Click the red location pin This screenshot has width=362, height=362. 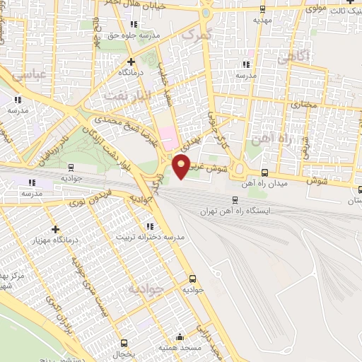click(182, 166)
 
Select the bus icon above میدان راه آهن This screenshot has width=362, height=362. click(264, 173)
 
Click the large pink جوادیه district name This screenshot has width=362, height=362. click(146, 288)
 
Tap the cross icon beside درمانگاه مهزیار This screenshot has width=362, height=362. click(55, 229)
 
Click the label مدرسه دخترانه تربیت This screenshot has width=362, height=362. click(149, 237)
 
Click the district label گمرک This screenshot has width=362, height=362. click(196, 33)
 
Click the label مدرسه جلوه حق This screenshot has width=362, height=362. click(134, 34)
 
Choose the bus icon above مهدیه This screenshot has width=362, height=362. click(263, 9)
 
